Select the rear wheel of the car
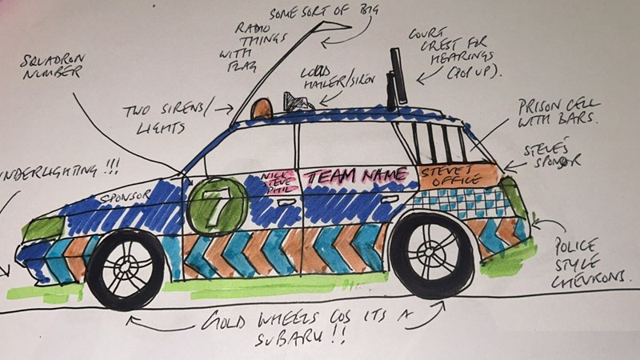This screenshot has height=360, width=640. click(432, 254)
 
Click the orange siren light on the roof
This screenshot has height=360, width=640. click(262, 108)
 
